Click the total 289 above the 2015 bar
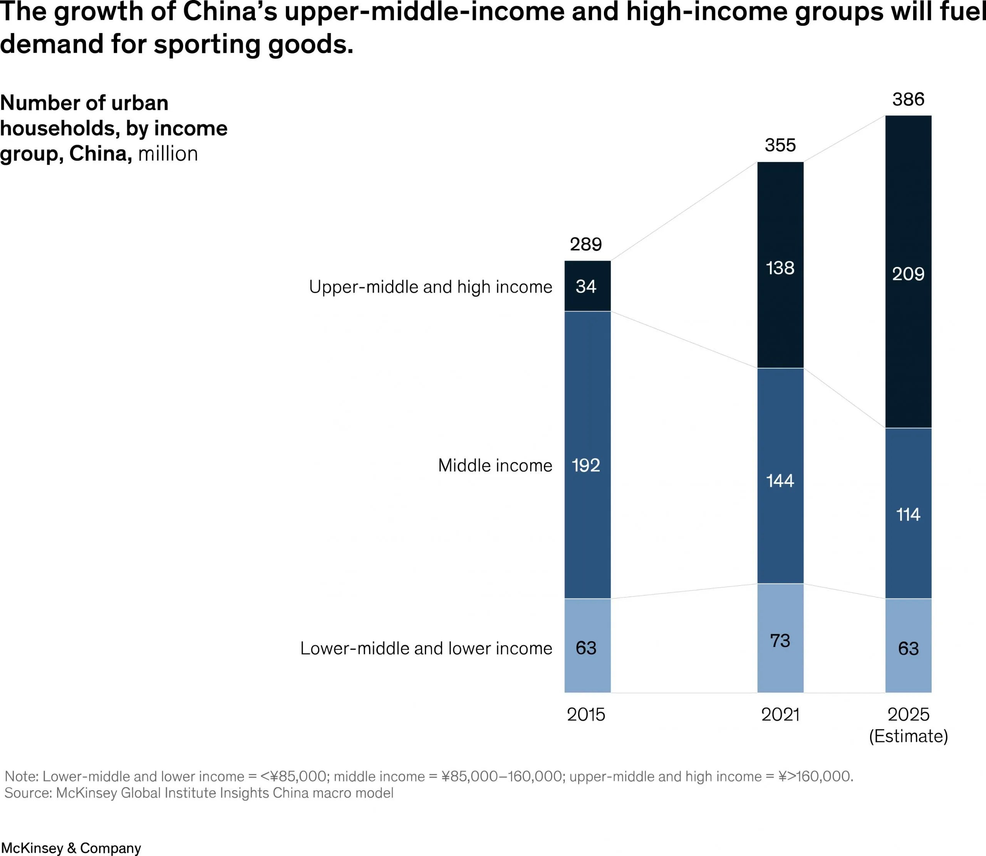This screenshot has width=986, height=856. (x=585, y=244)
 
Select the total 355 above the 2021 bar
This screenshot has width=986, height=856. (x=780, y=145)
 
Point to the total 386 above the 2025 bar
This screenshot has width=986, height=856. (x=908, y=99)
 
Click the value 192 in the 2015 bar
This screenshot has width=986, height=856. (x=586, y=465)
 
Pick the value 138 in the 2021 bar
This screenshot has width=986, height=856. (x=780, y=268)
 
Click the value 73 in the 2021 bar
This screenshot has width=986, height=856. (x=780, y=640)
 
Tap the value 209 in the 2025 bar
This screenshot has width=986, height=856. (x=908, y=274)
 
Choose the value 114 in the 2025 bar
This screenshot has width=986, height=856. (x=908, y=515)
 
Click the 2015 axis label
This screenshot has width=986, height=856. (x=586, y=715)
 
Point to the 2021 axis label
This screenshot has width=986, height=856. (x=780, y=715)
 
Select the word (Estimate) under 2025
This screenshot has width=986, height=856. (x=908, y=736)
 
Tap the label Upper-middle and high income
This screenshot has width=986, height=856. (x=430, y=287)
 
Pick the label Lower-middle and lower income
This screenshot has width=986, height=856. (x=426, y=648)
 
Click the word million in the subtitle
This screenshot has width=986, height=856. (x=168, y=154)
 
